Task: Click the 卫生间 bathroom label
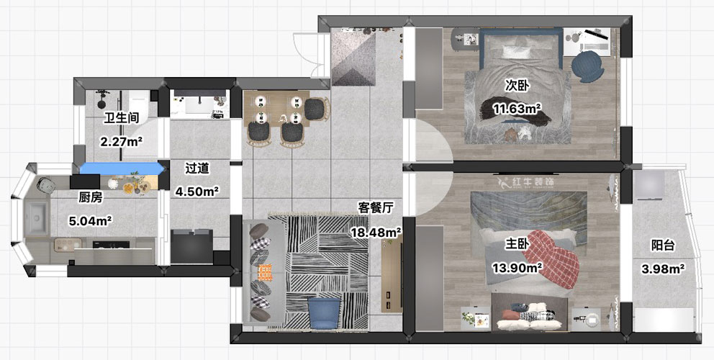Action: pyautogui.click(x=121, y=118)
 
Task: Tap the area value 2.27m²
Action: pyautogui.click(x=121, y=141)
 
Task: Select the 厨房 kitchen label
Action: pyautogui.click(x=91, y=198)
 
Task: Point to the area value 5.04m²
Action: pyautogui.click(x=91, y=221)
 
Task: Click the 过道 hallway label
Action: pyautogui.click(x=196, y=168)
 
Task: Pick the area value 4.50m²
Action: pyautogui.click(x=196, y=191)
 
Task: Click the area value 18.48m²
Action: pyautogui.click(x=376, y=232)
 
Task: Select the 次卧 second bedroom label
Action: pyautogui.click(x=516, y=85)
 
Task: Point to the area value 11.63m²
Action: pyautogui.click(x=516, y=109)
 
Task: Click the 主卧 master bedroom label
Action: pyautogui.click(x=516, y=244)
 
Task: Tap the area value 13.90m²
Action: pyautogui.click(x=516, y=268)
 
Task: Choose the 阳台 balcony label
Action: pyautogui.click(x=663, y=246)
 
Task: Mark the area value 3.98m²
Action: pyautogui.click(x=663, y=269)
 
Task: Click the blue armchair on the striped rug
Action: pyautogui.click(x=324, y=312)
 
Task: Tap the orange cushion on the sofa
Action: pyautogui.click(x=265, y=272)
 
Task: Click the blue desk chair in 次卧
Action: pyautogui.click(x=587, y=66)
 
